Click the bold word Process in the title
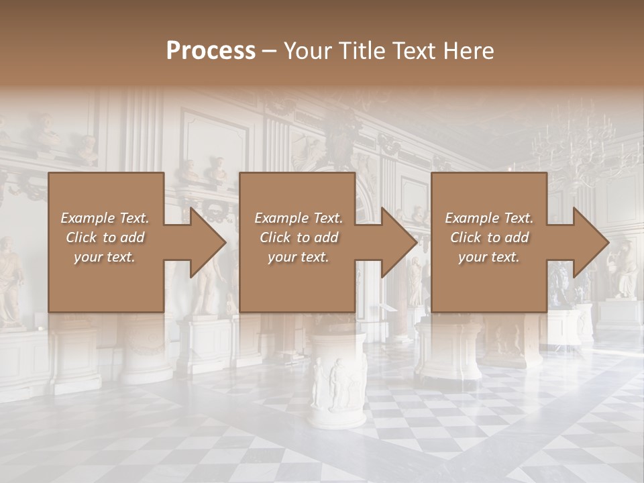coord(211,51)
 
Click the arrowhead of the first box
coord(207,242)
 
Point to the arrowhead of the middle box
coord(398,242)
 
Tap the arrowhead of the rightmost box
coord(590,242)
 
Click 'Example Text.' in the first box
coord(105,218)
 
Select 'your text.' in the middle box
coord(298,257)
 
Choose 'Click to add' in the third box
coord(489,237)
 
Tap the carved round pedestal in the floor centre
coord(338,379)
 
